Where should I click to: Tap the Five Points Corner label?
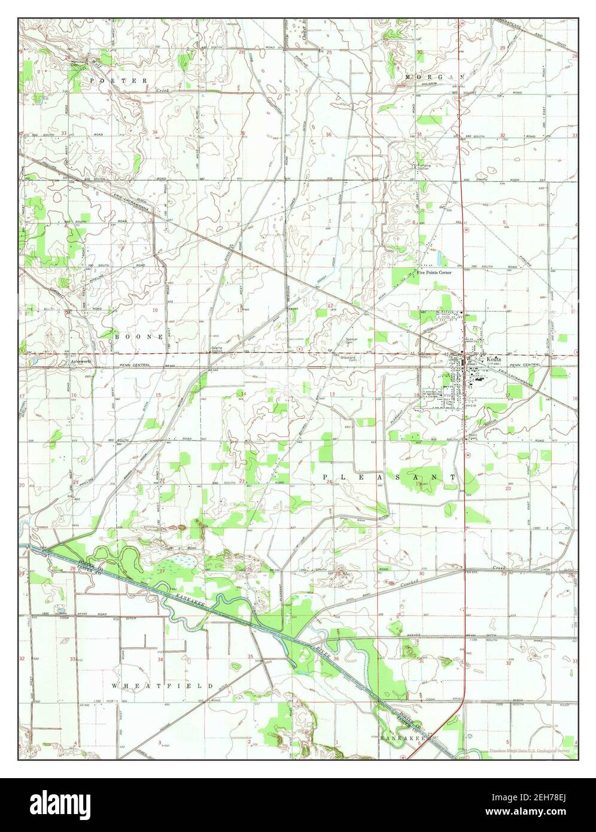click(434, 272)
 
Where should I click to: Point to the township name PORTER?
click(118, 80)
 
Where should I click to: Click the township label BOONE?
click(139, 337)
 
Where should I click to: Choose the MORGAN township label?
click(434, 78)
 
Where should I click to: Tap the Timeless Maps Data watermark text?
click(531, 751)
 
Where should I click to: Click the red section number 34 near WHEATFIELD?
click(160, 659)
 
